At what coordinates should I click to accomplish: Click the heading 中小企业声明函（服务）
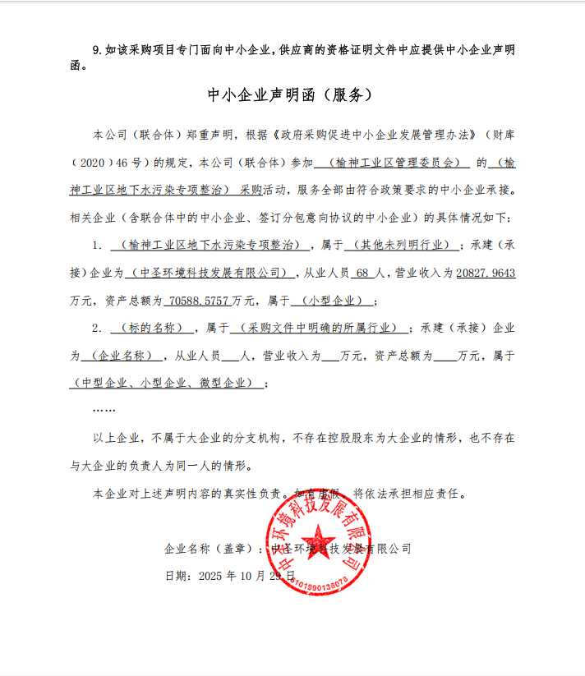[x=291, y=95]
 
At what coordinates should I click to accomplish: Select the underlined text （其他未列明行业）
[x=398, y=245]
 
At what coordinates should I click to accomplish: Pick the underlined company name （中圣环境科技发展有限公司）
[x=212, y=273]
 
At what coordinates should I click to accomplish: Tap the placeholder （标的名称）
[x=146, y=329]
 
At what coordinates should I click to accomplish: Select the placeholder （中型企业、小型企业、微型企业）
[x=167, y=384]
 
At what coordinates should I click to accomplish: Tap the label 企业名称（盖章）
[x=210, y=549]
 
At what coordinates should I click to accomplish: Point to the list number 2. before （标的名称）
[x=96, y=329]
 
